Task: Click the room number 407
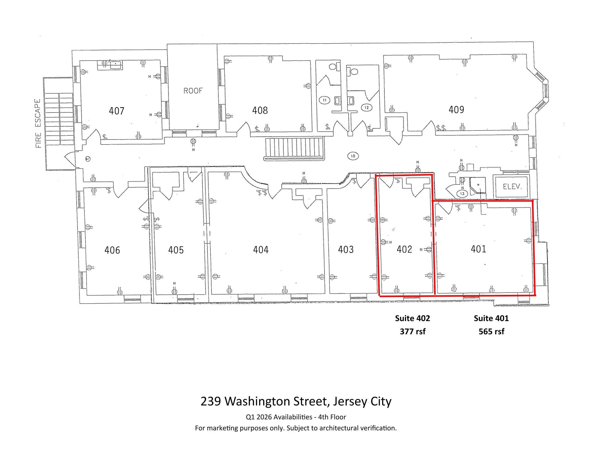117,111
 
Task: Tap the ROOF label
193,91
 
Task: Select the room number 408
260,110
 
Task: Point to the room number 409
456,110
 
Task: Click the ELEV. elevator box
512,187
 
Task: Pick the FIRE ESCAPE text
38,123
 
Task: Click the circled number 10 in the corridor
353,156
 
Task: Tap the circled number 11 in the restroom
324,100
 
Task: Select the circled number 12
366,108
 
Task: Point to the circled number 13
462,194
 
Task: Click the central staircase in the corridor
294,149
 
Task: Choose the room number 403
346,250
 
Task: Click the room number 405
176,250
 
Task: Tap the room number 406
112,250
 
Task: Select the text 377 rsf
412,332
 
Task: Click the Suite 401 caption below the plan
491,318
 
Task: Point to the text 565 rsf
491,332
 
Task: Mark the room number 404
261,250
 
